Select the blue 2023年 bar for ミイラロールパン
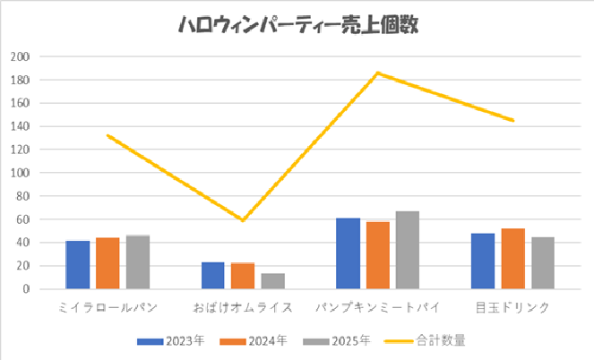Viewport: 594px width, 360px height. (78, 265)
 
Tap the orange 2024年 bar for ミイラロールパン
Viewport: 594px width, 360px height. (108, 263)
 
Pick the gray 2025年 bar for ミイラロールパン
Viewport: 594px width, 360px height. (137, 262)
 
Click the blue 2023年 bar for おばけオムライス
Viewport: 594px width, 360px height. (213, 276)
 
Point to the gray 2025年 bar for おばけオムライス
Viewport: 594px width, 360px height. (272, 281)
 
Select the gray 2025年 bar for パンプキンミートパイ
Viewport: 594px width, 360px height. (408, 251)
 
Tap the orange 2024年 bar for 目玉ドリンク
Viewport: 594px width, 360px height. (513, 259)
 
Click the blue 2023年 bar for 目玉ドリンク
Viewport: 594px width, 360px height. (484, 261)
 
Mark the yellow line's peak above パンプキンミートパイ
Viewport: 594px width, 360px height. (378, 73)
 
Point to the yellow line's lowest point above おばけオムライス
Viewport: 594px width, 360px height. (243, 220)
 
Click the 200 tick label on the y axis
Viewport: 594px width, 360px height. (20, 56)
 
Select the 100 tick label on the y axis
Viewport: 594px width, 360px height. (20, 173)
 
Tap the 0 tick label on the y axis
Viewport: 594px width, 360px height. (26, 289)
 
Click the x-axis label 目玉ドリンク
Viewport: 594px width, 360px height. (513, 307)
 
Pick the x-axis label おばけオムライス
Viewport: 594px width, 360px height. (243, 307)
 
